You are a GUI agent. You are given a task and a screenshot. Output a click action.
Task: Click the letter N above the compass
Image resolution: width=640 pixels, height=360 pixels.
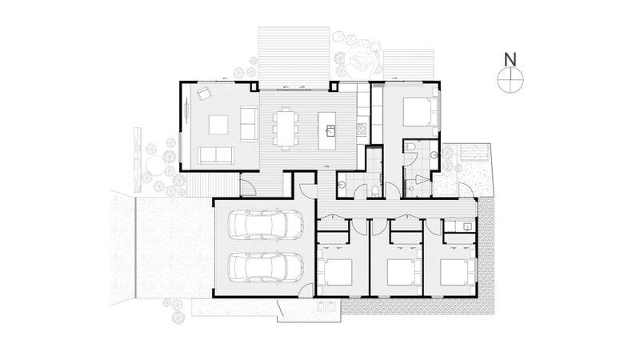[510, 59]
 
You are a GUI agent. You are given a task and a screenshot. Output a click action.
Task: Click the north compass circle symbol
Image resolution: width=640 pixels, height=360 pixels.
[510, 79]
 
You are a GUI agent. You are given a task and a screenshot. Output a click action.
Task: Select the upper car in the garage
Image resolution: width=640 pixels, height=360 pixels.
[266, 225]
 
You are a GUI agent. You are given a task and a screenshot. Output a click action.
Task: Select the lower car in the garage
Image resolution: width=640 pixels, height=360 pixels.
[266, 267]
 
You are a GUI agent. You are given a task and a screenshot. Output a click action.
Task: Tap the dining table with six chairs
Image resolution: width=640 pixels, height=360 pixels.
[286, 128]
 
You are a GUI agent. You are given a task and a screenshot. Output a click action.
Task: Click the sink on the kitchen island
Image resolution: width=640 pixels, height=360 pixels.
[330, 130]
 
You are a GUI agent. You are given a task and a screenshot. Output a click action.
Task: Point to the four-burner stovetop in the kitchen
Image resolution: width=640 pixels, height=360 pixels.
[362, 130]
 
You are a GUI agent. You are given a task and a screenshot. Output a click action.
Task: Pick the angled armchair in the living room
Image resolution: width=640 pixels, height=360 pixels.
[203, 94]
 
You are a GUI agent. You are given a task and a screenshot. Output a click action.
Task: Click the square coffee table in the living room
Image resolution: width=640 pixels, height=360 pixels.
[218, 125]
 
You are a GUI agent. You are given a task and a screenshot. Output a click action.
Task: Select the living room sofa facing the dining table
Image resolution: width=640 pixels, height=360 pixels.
[249, 124]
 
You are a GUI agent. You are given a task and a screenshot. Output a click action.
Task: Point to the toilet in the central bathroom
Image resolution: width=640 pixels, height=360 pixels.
[375, 191]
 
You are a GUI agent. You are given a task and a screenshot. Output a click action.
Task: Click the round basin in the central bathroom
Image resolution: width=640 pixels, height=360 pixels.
[342, 185]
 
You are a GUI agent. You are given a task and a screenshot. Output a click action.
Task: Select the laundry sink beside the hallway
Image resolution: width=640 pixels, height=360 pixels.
[467, 226]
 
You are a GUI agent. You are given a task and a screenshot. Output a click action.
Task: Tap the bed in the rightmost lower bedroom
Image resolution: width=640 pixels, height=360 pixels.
[458, 272]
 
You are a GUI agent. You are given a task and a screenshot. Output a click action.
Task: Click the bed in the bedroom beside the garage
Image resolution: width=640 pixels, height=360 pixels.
[334, 272]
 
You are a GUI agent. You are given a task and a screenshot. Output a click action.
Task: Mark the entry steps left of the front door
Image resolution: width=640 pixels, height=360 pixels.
[212, 185]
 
